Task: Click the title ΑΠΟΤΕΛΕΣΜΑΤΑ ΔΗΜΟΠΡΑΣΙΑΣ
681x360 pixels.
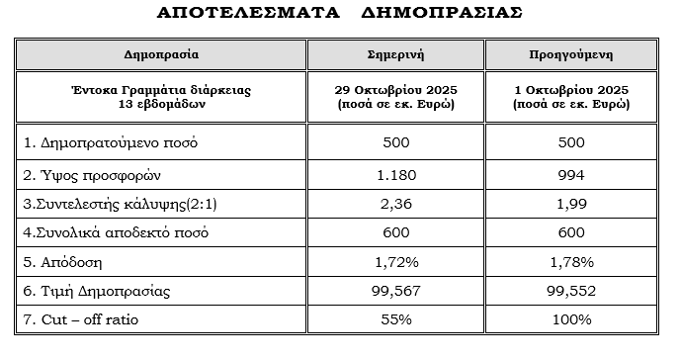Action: tap(341, 15)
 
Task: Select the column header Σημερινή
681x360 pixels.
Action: tap(395, 53)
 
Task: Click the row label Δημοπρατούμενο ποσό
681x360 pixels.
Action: tap(111, 141)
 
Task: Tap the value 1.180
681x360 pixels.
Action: tap(395, 175)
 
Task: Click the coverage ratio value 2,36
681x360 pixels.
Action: tap(395, 206)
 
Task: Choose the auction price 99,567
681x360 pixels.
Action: tap(395, 293)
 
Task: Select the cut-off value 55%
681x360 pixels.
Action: tap(395, 320)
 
